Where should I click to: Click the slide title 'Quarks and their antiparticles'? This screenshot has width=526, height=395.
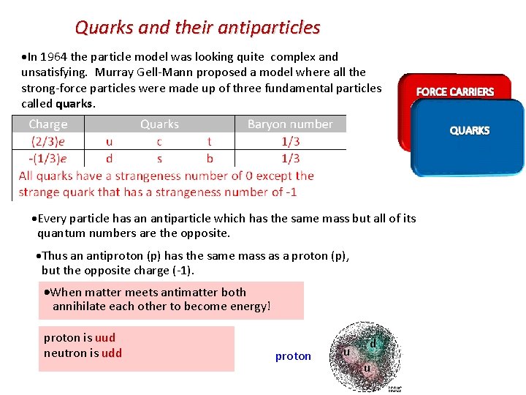[x=197, y=28]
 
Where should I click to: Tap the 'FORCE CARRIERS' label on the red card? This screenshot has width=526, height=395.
[x=454, y=91]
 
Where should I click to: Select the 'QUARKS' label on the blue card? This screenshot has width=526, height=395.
[x=469, y=130]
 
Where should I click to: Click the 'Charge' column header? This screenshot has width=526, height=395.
[x=48, y=124]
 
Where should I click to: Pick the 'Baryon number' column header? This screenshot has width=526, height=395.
[x=290, y=124]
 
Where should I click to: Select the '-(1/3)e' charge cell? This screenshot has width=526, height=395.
[x=47, y=158]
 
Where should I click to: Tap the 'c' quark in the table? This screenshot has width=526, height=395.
[x=159, y=141]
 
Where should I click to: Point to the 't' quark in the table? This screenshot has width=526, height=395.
[x=210, y=141]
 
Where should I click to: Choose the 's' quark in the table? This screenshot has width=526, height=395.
[x=159, y=158]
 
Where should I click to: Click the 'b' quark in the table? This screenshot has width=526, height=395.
[x=210, y=158]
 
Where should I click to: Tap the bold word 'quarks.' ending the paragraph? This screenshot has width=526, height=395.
[x=76, y=104]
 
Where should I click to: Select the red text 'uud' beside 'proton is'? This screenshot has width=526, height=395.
[x=105, y=338]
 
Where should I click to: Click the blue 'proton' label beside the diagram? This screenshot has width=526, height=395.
[x=293, y=356]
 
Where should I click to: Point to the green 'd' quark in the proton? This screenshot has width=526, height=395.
[x=373, y=343]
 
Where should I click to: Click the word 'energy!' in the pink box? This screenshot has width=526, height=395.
[x=249, y=306]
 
